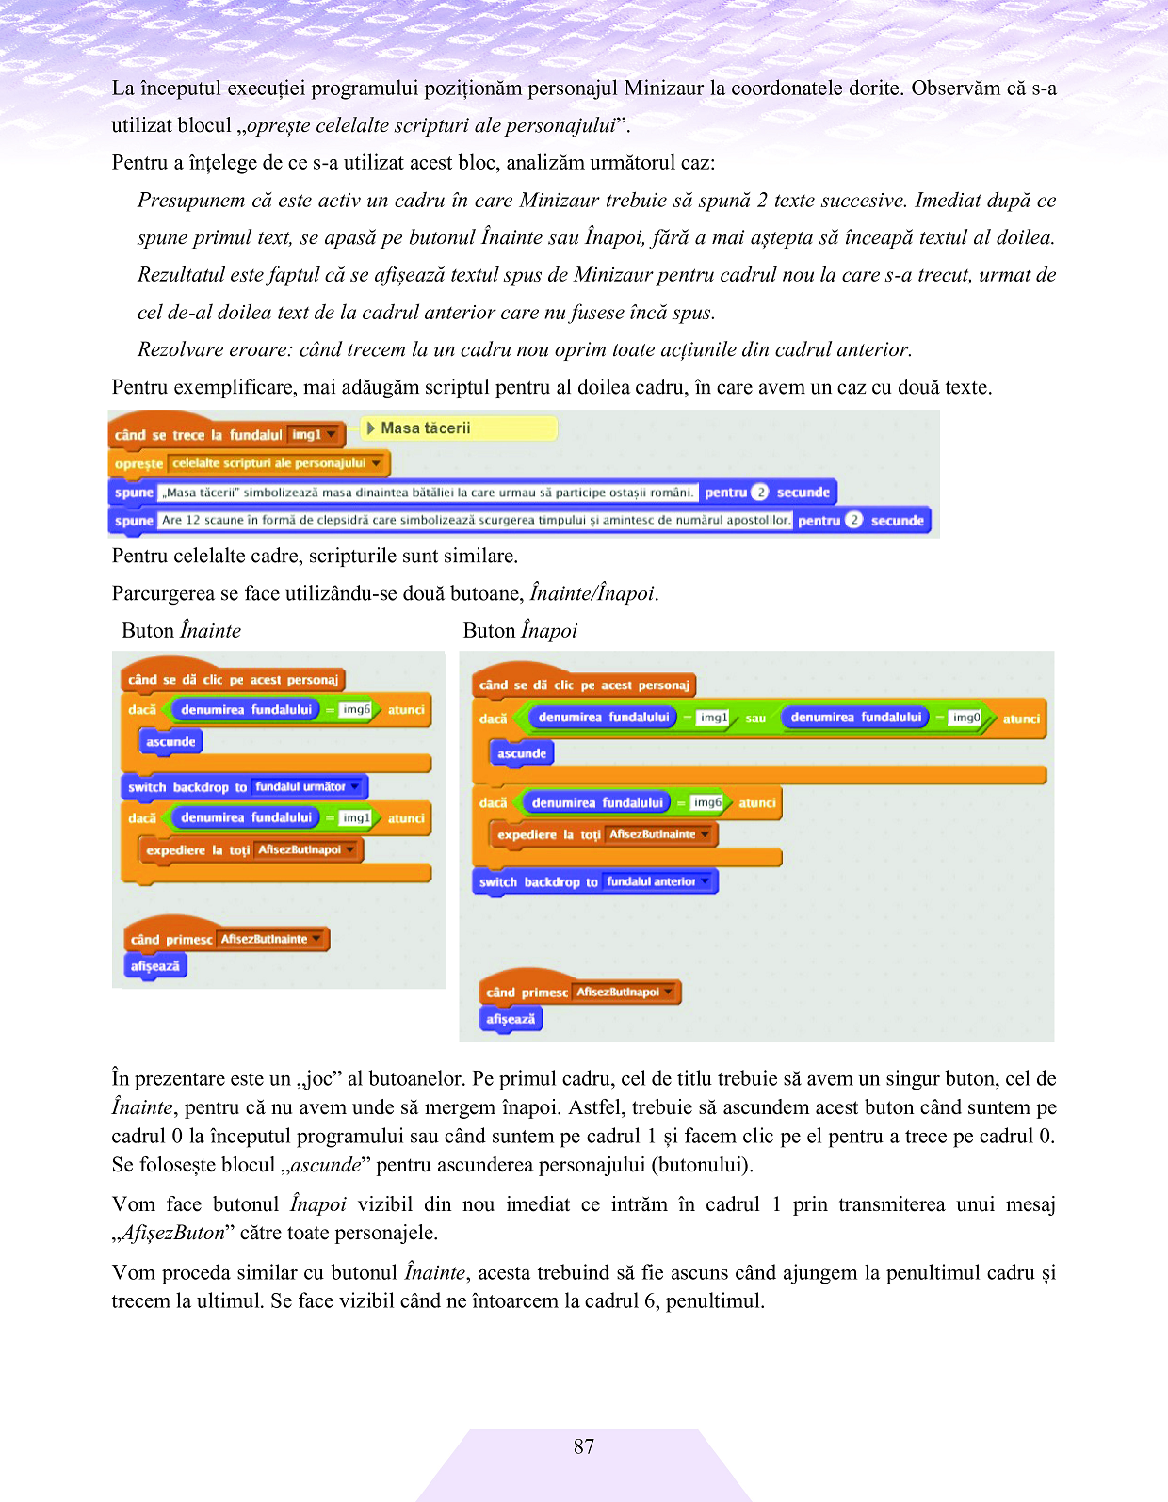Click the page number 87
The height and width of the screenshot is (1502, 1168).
tap(584, 1446)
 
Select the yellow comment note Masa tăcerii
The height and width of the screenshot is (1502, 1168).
tap(459, 428)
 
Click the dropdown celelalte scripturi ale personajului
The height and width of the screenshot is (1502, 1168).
tap(277, 463)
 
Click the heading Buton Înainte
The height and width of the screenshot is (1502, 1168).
tap(181, 631)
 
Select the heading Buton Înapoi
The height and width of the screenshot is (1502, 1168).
tap(520, 631)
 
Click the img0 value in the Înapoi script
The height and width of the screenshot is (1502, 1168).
tap(966, 718)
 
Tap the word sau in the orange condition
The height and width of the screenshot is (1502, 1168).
tap(755, 719)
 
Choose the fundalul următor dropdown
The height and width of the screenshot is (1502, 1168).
tap(307, 787)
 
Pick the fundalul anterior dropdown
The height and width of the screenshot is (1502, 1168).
tap(657, 882)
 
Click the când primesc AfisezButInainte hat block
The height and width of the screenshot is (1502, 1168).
tap(226, 939)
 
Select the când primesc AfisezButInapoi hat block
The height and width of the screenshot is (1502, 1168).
tap(579, 992)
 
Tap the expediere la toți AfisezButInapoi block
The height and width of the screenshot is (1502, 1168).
tap(250, 850)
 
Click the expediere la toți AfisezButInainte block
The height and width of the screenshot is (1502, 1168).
tap(602, 834)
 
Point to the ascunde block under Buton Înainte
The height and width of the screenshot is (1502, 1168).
tap(170, 742)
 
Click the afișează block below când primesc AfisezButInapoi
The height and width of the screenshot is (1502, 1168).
tap(511, 1019)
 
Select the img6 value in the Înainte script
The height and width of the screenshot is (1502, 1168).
tap(356, 710)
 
